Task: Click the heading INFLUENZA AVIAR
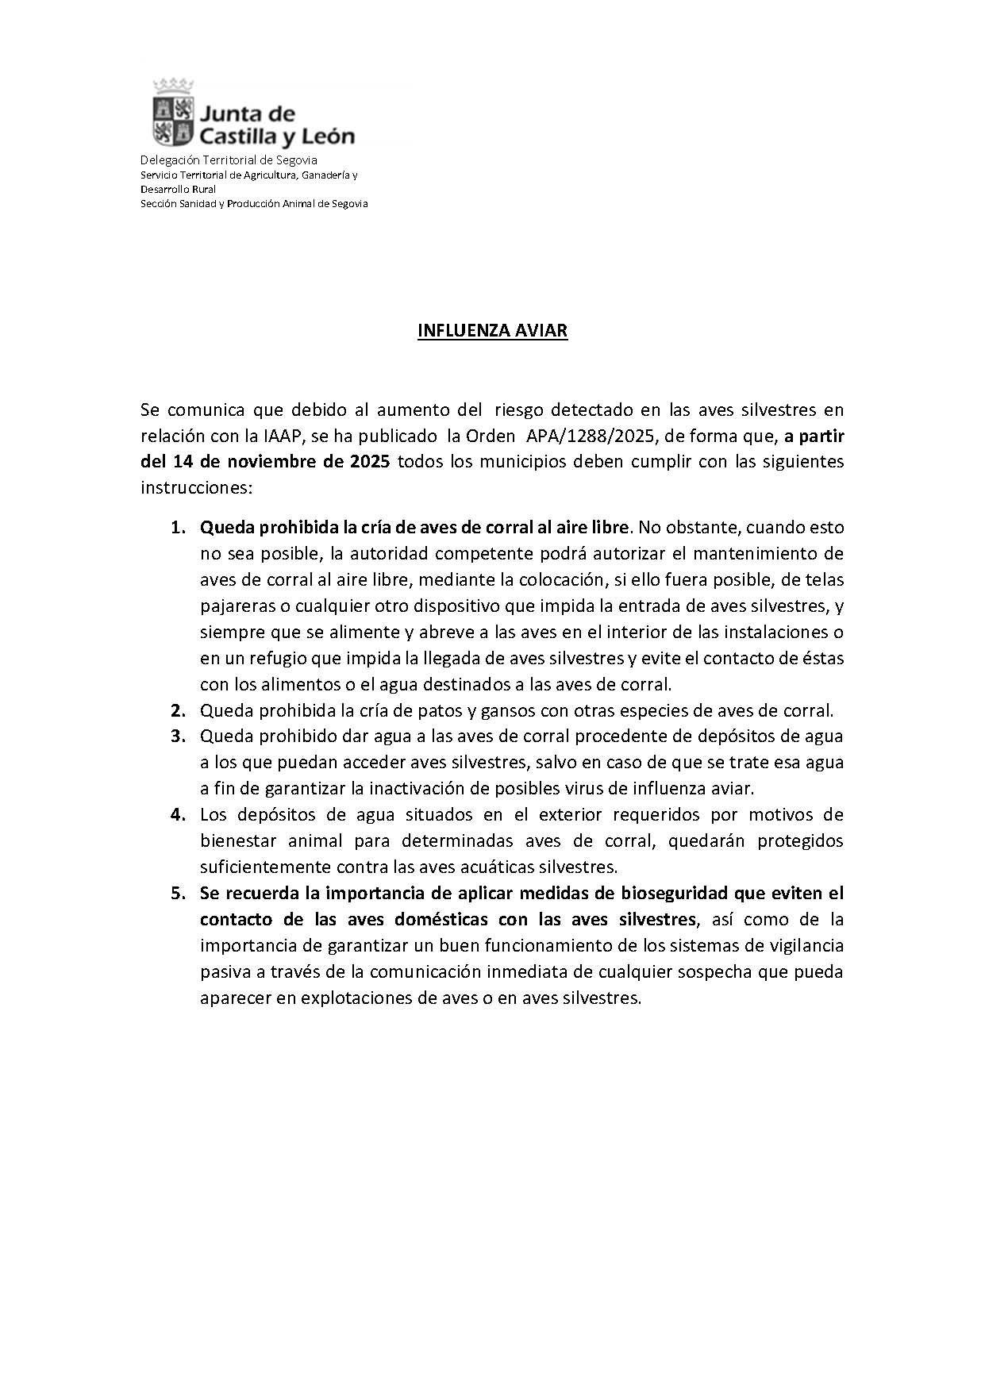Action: tap(492, 331)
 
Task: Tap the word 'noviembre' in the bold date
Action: tap(278, 462)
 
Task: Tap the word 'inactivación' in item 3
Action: tap(433, 788)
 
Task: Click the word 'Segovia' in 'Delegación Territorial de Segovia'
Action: tap(295, 160)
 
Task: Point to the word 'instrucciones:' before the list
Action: tap(196, 487)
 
